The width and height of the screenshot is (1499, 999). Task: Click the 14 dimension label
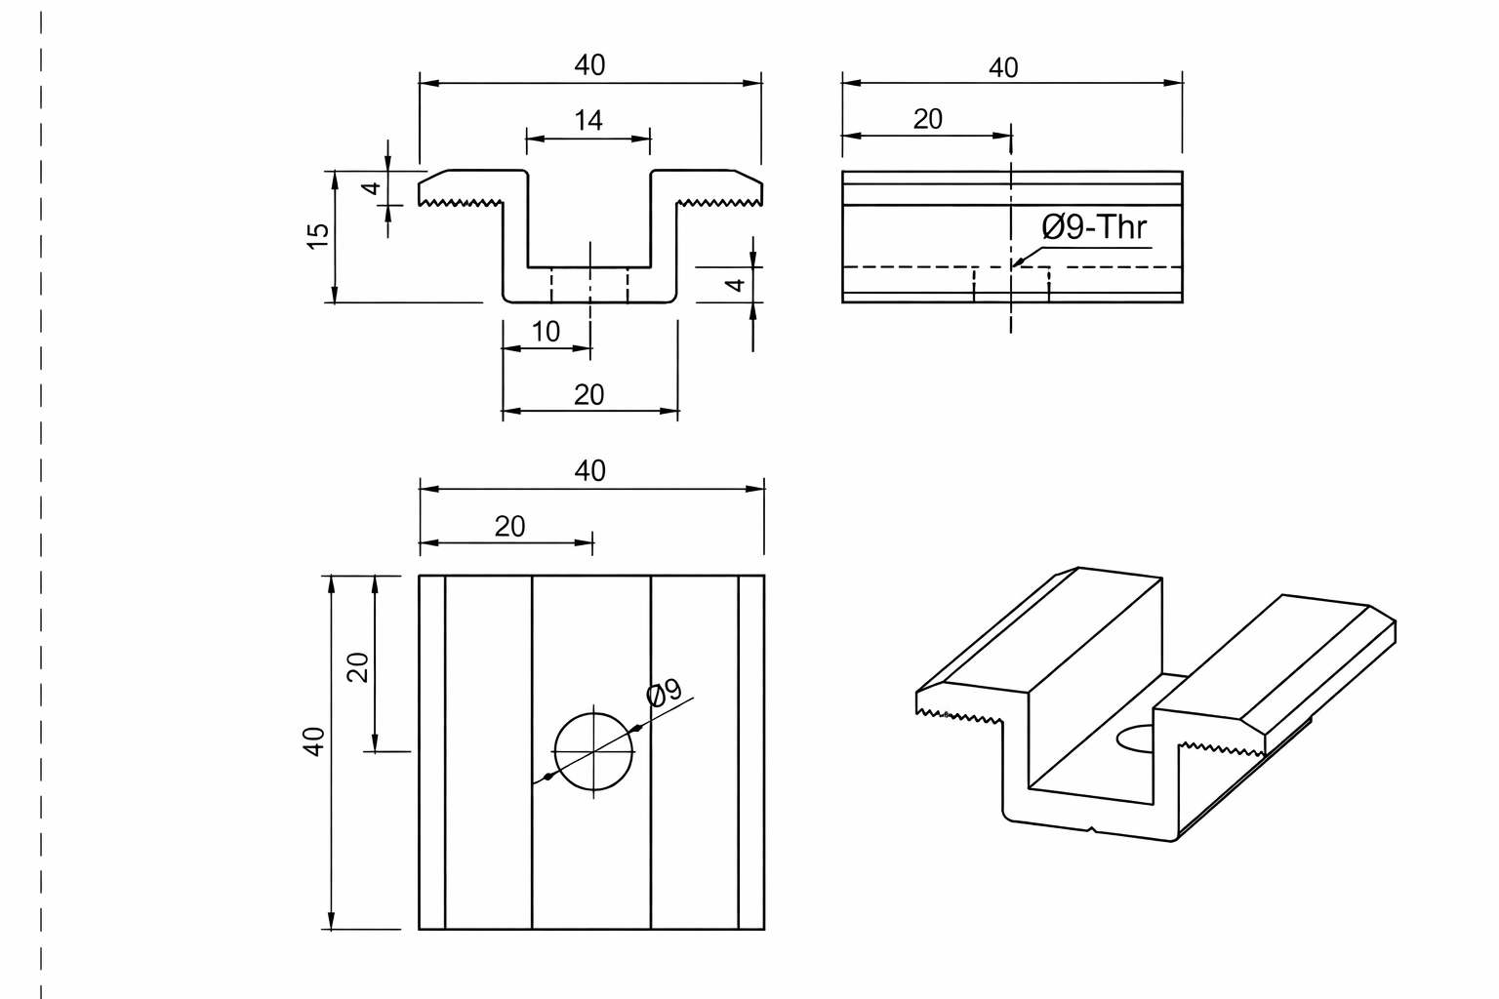588,120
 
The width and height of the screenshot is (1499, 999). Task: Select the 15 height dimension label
318,236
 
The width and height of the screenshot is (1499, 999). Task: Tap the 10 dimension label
546,332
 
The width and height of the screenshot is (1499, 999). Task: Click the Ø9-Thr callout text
1094,227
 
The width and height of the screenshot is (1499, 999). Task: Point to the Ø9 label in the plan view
664,692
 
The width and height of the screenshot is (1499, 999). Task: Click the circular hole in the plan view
593,713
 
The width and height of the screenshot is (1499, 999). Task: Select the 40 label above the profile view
589,65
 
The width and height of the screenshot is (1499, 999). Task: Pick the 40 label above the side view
1003,67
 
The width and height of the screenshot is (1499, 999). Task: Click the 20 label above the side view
927,119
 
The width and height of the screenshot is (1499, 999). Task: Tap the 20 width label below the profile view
588,395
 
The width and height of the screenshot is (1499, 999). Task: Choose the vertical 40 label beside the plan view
314,741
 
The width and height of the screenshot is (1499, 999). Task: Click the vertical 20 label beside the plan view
358,667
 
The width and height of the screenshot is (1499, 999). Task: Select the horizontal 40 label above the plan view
589,471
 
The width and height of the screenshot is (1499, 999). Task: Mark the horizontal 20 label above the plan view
510,527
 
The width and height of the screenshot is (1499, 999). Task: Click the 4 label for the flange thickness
372,188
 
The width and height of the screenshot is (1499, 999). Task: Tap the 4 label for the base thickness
736,285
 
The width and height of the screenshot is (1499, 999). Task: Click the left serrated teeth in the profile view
461,202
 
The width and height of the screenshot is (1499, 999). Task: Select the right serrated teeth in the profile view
718,202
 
